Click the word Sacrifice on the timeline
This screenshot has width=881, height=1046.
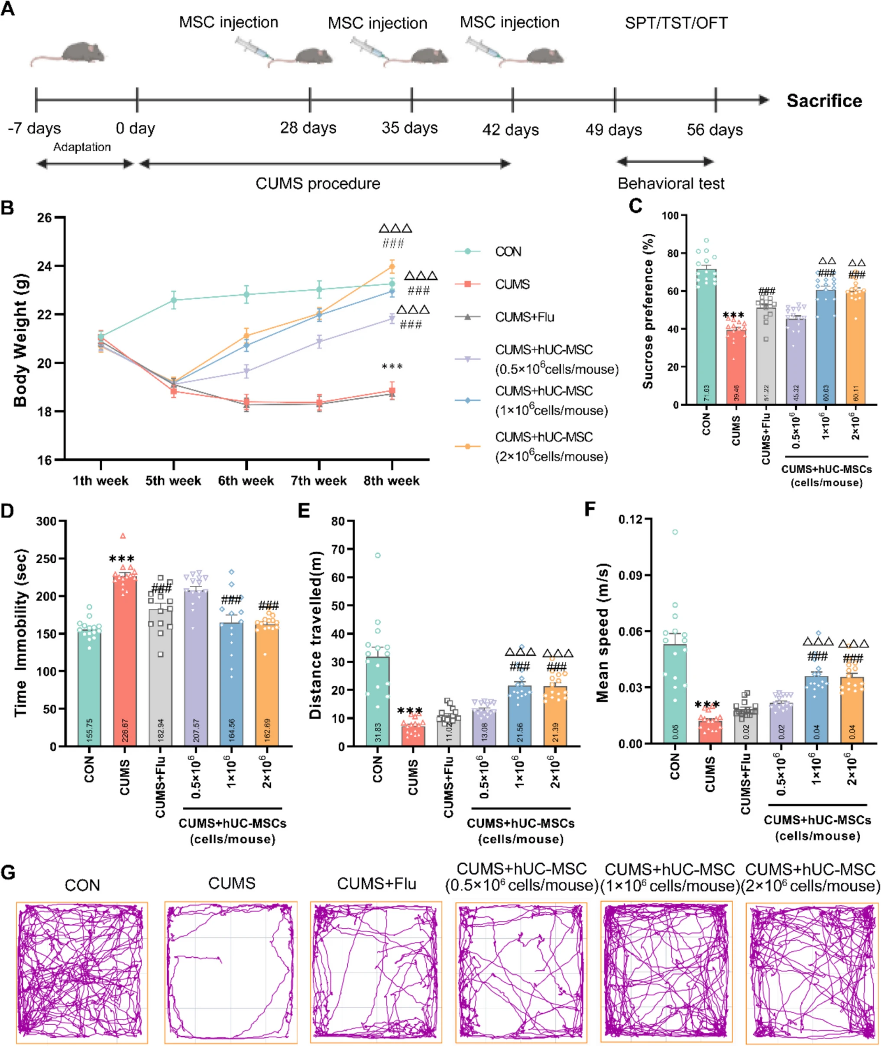coord(824,101)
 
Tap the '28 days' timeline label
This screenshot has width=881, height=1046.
coord(308,128)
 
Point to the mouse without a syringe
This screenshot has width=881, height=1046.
coord(70,53)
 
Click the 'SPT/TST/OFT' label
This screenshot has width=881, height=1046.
coord(676,23)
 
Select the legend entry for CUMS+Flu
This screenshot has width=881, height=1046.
coord(524,317)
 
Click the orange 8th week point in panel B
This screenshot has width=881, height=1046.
coord(392,267)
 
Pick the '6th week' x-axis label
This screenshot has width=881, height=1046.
coord(246,481)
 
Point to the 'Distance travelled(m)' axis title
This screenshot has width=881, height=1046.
coord(316,635)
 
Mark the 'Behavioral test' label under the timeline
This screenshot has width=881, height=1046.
coord(671,184)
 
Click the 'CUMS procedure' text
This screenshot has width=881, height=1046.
coord(317,184)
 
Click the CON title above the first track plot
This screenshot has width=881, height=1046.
coord(82,885)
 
